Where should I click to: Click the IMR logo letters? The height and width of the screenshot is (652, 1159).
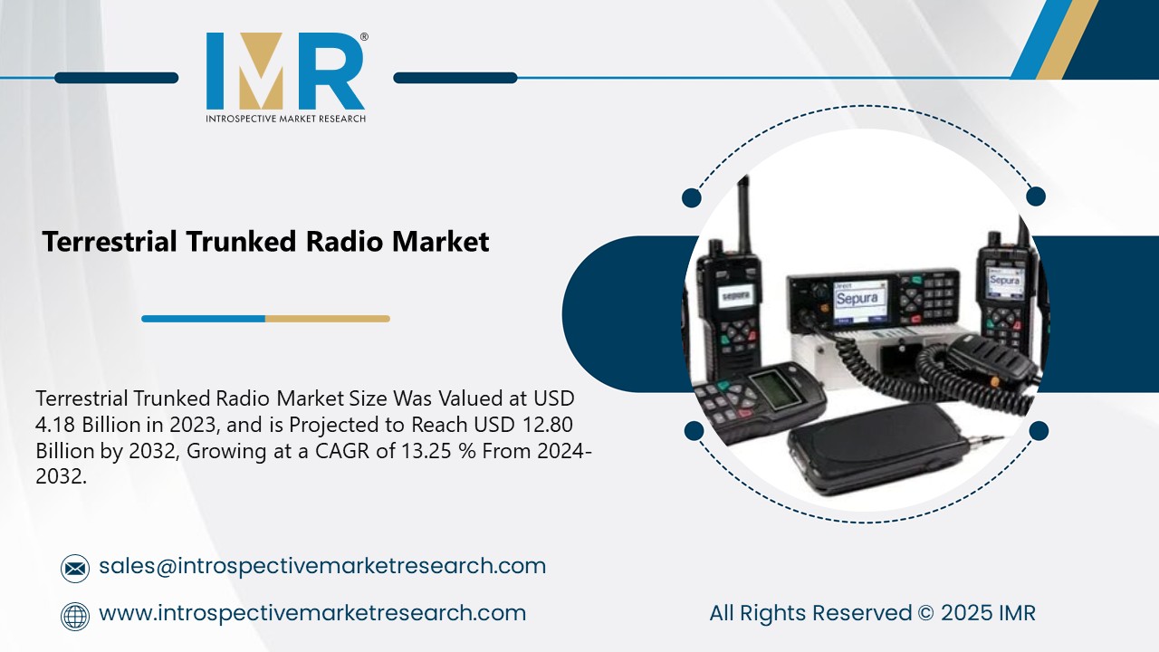[x=285, y=72]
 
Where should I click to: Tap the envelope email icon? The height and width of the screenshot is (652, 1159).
[x=75, y=568]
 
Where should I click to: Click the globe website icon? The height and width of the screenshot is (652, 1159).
[x=75, y=616]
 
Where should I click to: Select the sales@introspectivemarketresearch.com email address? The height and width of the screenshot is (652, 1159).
[x=322, y=566]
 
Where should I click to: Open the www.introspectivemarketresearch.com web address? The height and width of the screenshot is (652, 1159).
[x=312, y=613]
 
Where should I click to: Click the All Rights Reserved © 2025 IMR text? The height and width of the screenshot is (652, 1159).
[x=872, y=613]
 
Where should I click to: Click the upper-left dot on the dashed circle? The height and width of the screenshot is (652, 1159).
[x=692, y=197]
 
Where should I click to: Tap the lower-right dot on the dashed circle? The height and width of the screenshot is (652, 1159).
[x=1039, y=431]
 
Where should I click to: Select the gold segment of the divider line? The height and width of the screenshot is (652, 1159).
[x=327, y=319]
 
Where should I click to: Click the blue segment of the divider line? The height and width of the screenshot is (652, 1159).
[x=203, y=319]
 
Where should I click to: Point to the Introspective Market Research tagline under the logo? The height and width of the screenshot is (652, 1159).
[x=286, y=119]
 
